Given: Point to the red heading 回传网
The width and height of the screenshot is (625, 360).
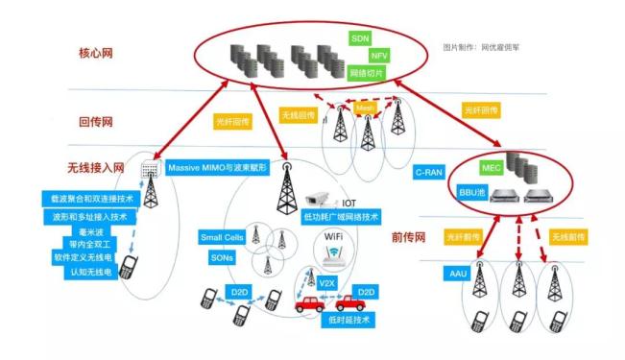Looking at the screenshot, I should click(97, 122).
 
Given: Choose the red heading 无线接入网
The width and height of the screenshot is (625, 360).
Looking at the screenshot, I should click(97, 167).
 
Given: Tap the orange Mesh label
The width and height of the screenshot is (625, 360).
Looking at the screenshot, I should click(366, 109).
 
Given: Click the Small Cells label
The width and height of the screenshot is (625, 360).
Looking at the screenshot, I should click(221, 237).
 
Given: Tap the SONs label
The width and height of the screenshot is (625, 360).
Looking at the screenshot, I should click(220, 257).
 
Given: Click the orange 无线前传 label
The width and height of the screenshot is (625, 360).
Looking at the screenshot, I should click(569, 235).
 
